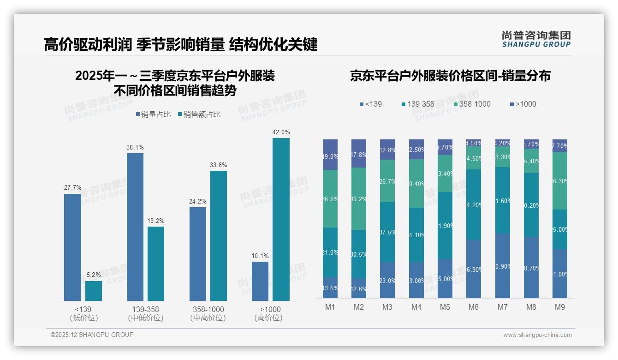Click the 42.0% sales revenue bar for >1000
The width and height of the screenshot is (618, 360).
(x=281, y=219)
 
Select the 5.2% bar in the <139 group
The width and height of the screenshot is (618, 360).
(x=94, y=291)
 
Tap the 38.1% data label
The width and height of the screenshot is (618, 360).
(x=135, y=147)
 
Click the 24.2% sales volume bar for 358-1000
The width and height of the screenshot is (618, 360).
(x=198, y=254)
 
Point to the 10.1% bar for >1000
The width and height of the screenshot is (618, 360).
(x=260, y=281)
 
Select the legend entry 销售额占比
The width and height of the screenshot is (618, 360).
(x=199, y=114)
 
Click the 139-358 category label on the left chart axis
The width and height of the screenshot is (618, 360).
(x=146, y=309)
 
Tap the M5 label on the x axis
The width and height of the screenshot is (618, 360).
(x=445, y=307)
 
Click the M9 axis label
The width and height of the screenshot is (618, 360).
(x=559, y=307)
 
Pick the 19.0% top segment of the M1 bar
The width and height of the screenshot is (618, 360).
(x=330, y=155)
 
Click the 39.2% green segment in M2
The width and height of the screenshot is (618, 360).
(x=359, y=198)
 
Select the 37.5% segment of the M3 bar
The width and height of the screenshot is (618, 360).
(x=387, y=232)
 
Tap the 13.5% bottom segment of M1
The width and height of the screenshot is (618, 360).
(x=330, y=288)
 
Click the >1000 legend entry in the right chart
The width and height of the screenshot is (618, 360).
(x=523, y=104)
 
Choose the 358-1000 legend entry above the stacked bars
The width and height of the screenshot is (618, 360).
(x=471, y=104)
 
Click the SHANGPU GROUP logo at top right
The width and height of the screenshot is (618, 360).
(x=536, y=39)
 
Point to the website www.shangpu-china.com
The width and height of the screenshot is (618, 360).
(x=537, y=335)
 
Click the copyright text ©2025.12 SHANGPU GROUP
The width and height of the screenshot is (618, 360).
(x=92, y=335)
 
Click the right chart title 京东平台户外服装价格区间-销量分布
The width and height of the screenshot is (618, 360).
(x=450, y=76)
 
